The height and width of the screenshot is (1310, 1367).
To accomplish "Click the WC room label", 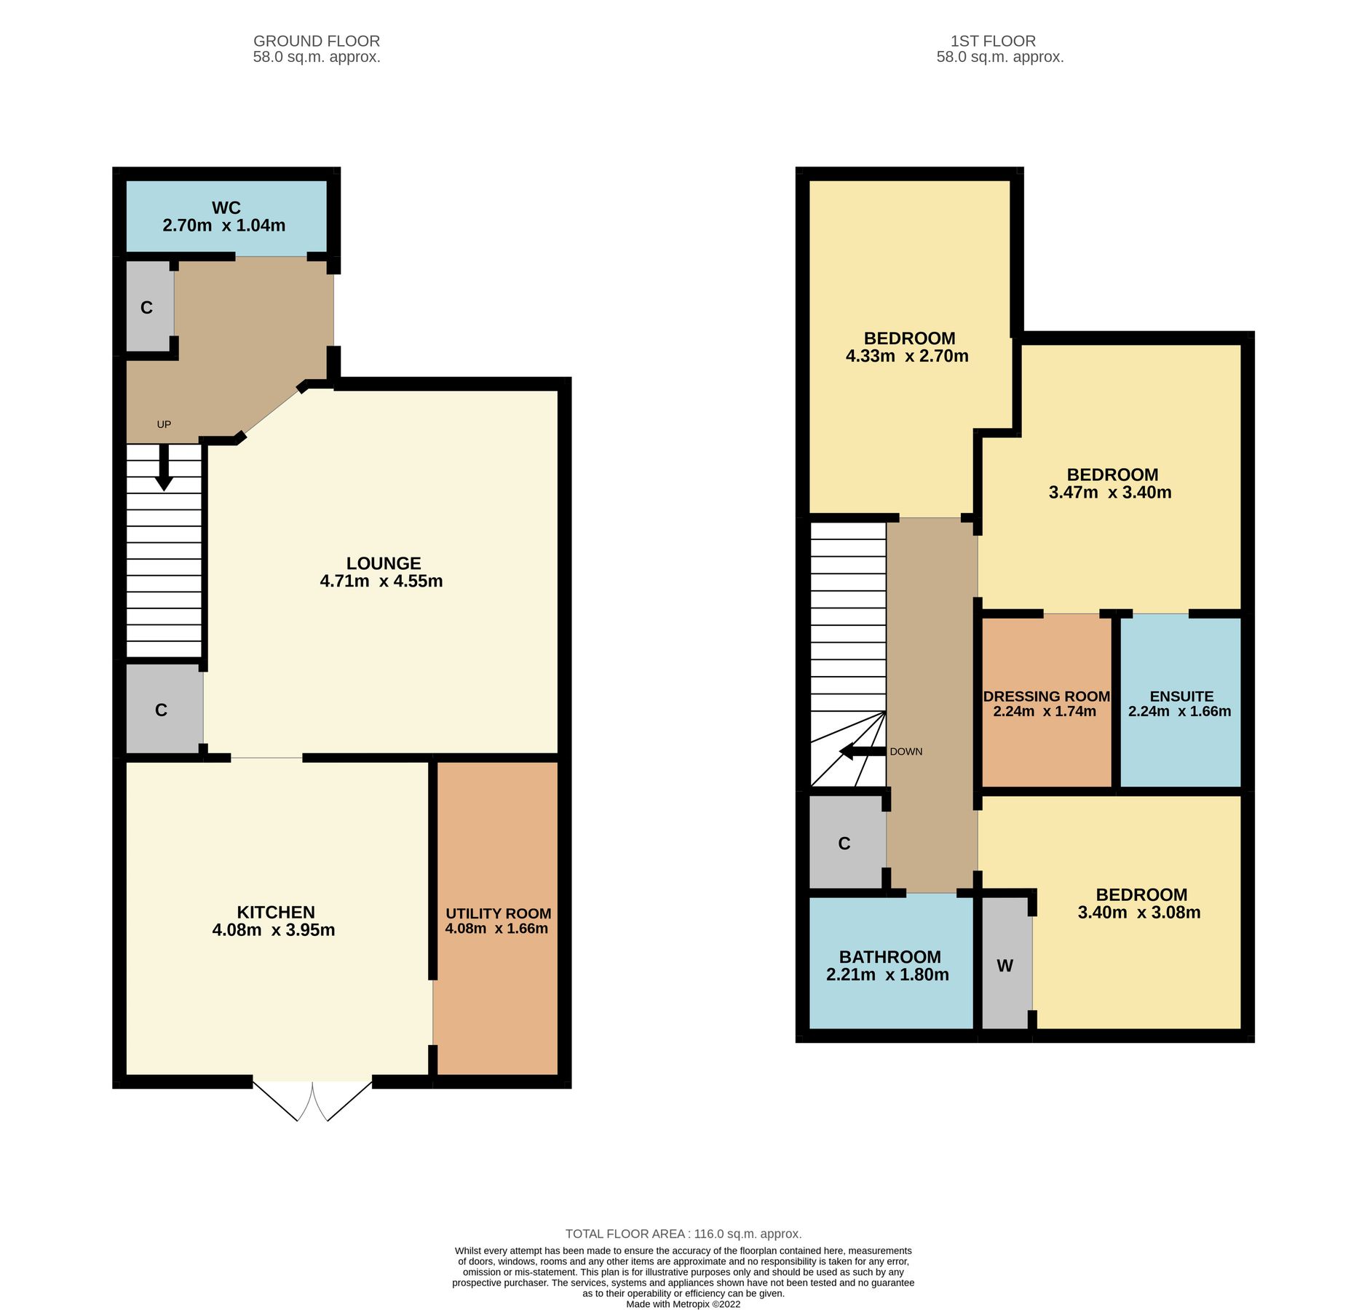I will click(226, 208).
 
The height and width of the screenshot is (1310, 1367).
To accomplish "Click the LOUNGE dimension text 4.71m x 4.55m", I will click(381, 581).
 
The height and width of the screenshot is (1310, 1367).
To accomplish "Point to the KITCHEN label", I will click(275, 912).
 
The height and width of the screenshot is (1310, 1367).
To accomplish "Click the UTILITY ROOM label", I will click(498, 913).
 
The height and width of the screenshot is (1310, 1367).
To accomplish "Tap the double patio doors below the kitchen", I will click(312, 1100).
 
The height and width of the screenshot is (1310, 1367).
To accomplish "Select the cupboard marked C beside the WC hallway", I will click(147, 308).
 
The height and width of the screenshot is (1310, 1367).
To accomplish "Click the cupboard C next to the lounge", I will click(162, 710).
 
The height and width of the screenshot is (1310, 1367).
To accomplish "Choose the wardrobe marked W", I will click(1005, 966).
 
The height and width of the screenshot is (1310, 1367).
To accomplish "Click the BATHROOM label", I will click(889, 957).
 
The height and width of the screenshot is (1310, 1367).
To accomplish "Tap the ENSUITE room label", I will click(1181, 696).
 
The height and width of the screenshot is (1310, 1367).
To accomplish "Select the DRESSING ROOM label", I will click(1046, 696).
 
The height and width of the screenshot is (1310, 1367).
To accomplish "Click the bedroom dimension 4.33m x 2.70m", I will click(906, 356).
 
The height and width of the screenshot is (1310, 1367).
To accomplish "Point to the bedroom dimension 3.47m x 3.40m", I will click(1109, 492).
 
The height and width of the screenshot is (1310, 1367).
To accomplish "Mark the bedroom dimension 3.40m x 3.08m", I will click(1138, 913).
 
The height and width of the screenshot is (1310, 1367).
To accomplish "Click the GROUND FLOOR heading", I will click(316, 41).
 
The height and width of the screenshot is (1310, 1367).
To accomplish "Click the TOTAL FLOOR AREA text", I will click(683, 1234).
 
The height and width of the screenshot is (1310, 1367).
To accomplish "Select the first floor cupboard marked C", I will click(844, 843).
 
